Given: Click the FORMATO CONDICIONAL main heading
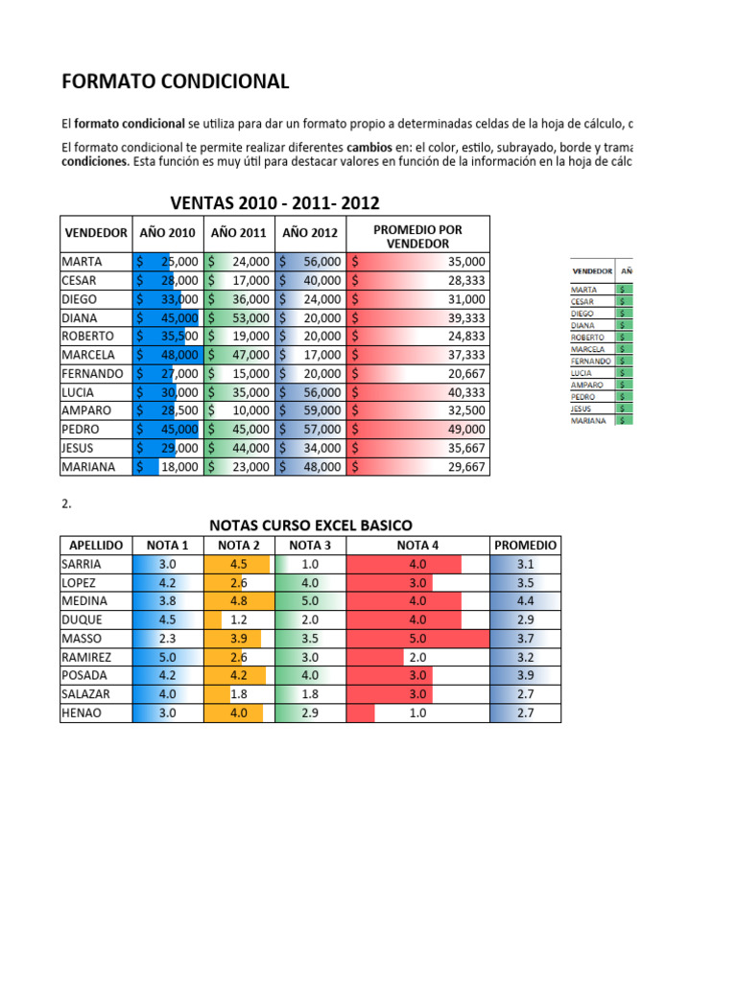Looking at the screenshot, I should (175, 82).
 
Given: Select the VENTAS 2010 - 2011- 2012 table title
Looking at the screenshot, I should (274, 203).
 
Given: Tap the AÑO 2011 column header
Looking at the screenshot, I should (238, 233).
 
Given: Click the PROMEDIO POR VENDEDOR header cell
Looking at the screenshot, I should (417, 236).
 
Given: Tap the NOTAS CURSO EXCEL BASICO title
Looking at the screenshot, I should (311, 526).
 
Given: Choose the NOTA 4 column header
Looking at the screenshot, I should (417, 546).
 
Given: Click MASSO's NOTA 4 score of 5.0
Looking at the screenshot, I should (417, 639).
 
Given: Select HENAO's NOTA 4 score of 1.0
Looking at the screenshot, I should (417, 713).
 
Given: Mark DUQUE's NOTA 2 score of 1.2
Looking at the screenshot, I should (239, 620).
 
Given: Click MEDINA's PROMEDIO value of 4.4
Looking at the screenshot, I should (525, 601).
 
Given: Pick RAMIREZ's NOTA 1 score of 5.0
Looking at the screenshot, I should (166, 658).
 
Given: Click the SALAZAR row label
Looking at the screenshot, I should (85, 694).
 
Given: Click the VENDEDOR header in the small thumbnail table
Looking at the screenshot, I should (593, 271).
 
